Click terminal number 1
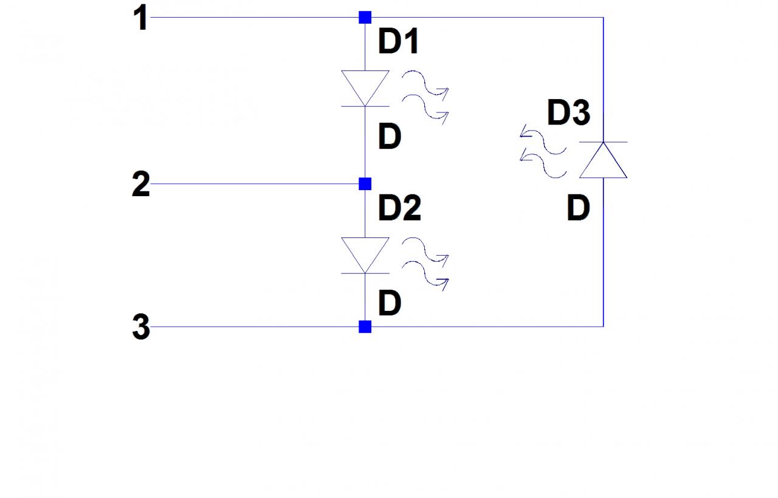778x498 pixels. [141, 19]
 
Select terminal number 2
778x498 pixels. [140, 184]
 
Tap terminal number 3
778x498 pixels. [140, 328]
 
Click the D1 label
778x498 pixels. [398, 43]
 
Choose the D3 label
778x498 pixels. [568, 113]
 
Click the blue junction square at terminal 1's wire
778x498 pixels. [365, 18]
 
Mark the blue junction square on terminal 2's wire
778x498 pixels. [365, 183]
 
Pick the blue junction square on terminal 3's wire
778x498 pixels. [365, 327]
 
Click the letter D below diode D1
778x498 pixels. [390, 137]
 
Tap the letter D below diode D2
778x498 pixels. [390, 303]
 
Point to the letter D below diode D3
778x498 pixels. [578, 208]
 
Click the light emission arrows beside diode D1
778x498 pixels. [426, 98]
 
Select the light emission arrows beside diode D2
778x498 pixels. [426, 264]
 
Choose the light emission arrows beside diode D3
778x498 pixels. [543, 152]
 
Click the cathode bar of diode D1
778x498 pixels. [365, 106]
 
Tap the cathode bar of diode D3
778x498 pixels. [603, 142]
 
